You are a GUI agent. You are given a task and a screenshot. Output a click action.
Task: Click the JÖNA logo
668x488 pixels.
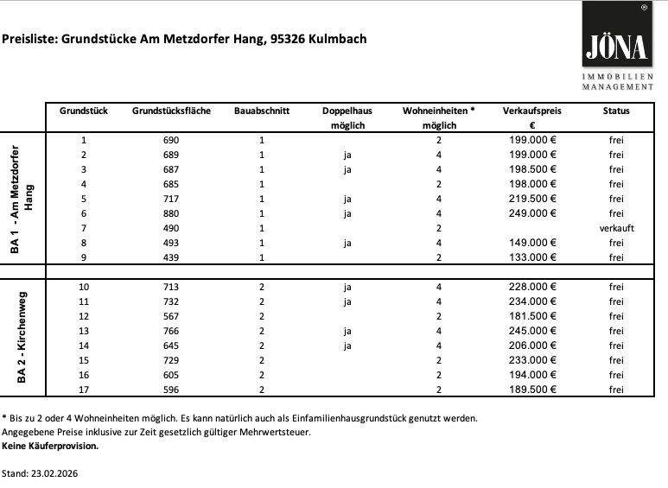tap(617, 45)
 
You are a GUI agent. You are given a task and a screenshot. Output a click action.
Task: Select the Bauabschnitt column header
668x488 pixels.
tap(262, 111)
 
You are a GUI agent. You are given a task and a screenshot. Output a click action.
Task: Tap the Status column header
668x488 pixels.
tap(616, 111)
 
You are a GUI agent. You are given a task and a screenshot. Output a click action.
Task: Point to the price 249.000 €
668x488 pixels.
tap(533, 213)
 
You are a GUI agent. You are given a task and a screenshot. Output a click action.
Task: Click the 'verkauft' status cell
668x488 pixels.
tap(616, 228)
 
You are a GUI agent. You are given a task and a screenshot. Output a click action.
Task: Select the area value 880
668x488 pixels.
tap(170, 213)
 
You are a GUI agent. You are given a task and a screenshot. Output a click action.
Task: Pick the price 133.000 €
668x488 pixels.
tap(533, 257)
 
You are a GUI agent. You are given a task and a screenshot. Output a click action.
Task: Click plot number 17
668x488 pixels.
tap(84, 390)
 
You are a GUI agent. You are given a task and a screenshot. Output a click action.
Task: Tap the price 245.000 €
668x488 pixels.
tap(533, 331)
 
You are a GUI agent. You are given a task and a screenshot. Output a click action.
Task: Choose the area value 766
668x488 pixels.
tap(170, 331)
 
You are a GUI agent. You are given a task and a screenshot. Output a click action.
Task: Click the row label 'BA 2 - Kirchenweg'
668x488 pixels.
tap(22, 337)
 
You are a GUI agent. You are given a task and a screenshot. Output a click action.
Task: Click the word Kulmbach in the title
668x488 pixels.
tap(340, 39)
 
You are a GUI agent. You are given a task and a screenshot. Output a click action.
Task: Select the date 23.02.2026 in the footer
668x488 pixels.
tap(55, 474)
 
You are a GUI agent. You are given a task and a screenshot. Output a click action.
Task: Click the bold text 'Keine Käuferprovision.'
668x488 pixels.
tap(50, 447)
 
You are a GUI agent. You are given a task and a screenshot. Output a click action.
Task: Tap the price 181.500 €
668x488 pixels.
tap(533, 316)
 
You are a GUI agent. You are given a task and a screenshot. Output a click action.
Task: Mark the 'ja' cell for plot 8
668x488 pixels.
tap(347, 243)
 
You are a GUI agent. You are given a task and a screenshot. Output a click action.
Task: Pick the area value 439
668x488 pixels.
tap(170, 257)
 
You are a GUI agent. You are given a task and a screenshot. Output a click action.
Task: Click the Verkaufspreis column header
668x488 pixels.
tap(533, 111)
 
